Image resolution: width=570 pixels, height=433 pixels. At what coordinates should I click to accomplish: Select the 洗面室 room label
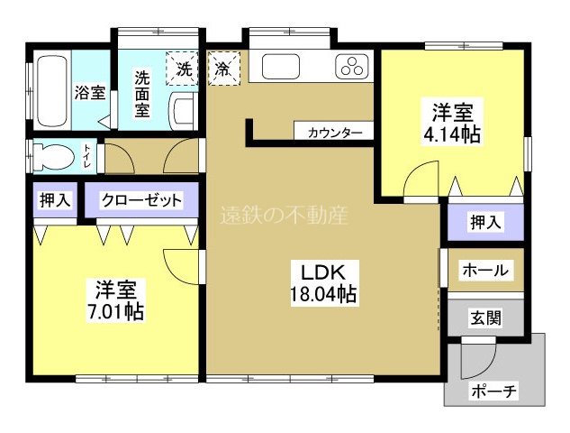click(142, 94)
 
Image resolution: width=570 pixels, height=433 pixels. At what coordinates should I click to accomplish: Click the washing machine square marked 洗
click(183, 67)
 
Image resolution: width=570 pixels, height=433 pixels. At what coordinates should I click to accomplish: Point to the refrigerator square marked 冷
click(222, 67)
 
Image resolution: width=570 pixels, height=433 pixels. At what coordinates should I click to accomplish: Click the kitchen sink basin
click(281, 67)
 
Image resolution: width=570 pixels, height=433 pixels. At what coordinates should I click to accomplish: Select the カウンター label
click(334, 133)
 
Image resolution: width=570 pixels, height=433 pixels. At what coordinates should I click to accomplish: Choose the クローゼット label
click(141, 200)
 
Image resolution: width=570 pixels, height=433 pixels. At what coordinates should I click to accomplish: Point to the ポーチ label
click(494, 391)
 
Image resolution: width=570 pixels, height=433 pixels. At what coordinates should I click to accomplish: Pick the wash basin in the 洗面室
click(184, 110)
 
